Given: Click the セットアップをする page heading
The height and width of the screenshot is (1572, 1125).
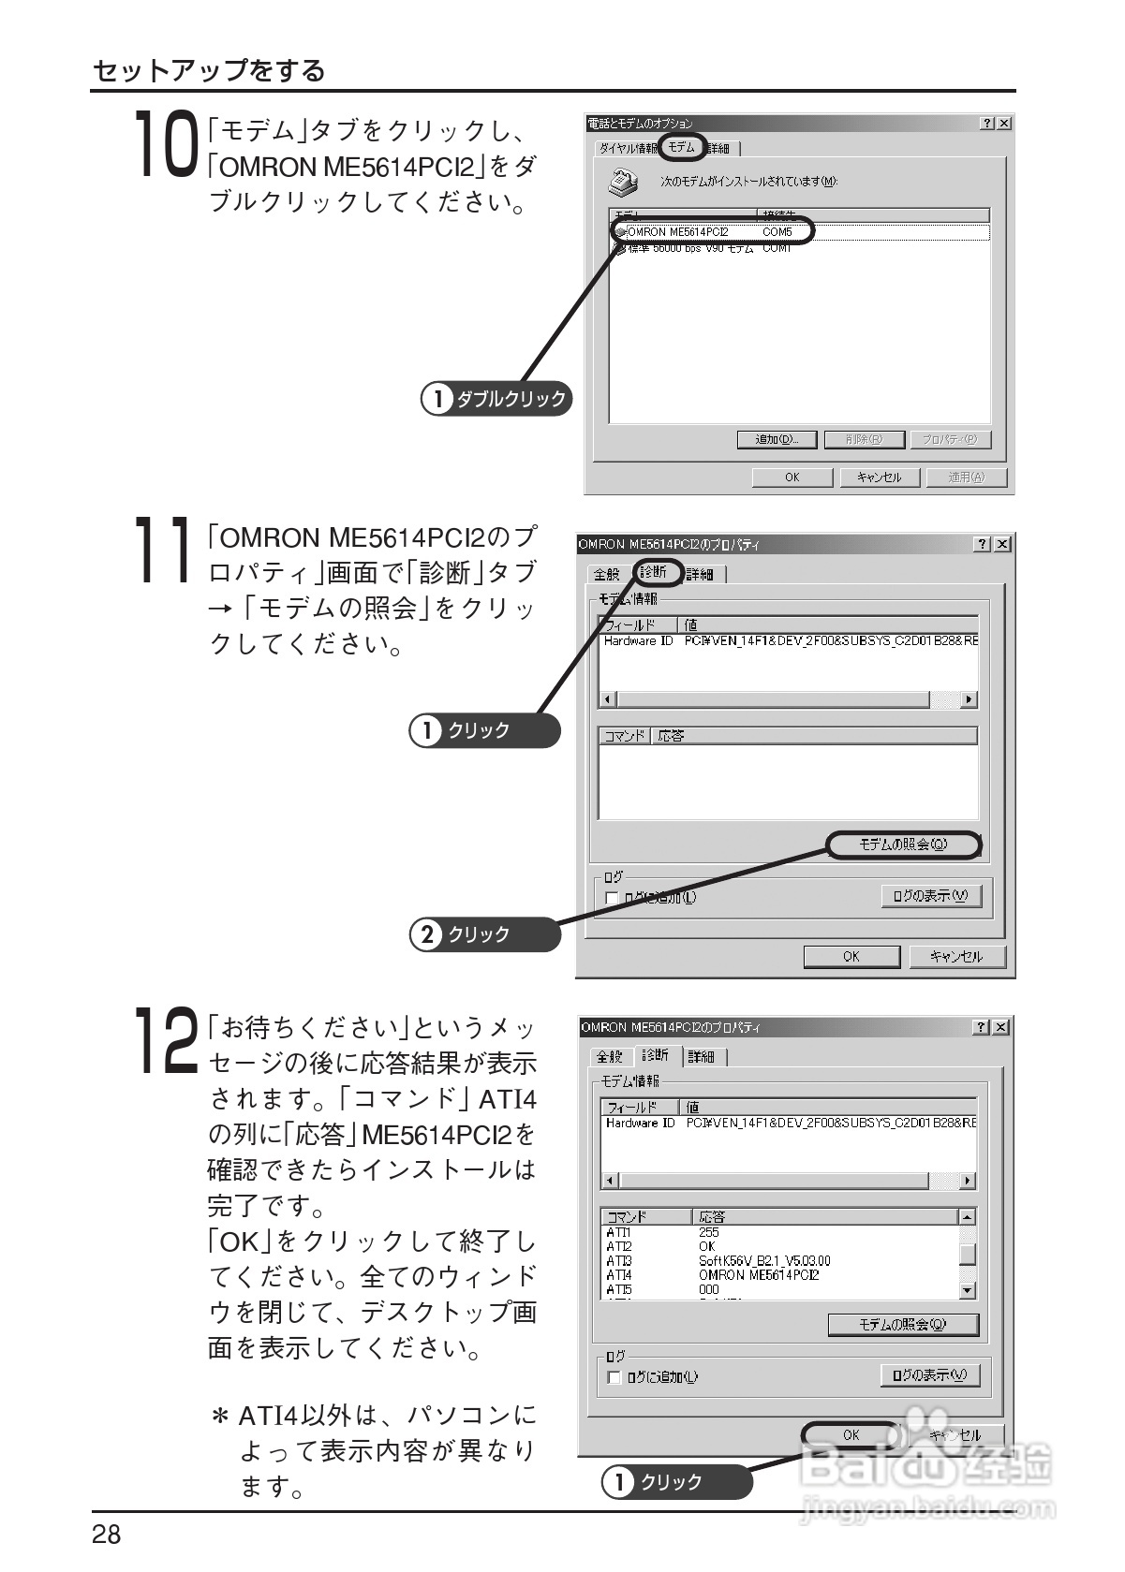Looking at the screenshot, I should pyautogui.click(x=209, y=71).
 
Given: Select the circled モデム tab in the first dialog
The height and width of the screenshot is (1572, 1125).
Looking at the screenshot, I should pyautogui.click(x=681, y=148).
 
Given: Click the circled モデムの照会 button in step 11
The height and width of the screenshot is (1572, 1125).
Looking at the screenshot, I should pyautogui.click(x=903, y=845).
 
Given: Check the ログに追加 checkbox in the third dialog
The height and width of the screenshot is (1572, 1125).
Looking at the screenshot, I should pyautogui.click(x=614, y=1377).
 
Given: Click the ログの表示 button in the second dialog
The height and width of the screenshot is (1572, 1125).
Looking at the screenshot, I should pyautogui.click(x=930, y=896).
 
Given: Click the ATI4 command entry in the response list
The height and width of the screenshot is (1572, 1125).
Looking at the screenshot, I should pyautogui.click(x=619, y=1274).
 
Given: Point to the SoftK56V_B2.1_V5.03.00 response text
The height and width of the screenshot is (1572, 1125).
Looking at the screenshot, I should pyautogui.click(x=764, y=1260).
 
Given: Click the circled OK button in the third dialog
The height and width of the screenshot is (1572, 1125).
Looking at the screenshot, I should pyautogui.click(x=851, y=1434).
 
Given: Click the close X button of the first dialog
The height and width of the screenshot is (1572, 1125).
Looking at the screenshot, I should pyautogui.click(x=1004, y=124).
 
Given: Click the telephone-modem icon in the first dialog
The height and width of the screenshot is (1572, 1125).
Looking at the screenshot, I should pyautogui.click(x=624, y=180).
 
